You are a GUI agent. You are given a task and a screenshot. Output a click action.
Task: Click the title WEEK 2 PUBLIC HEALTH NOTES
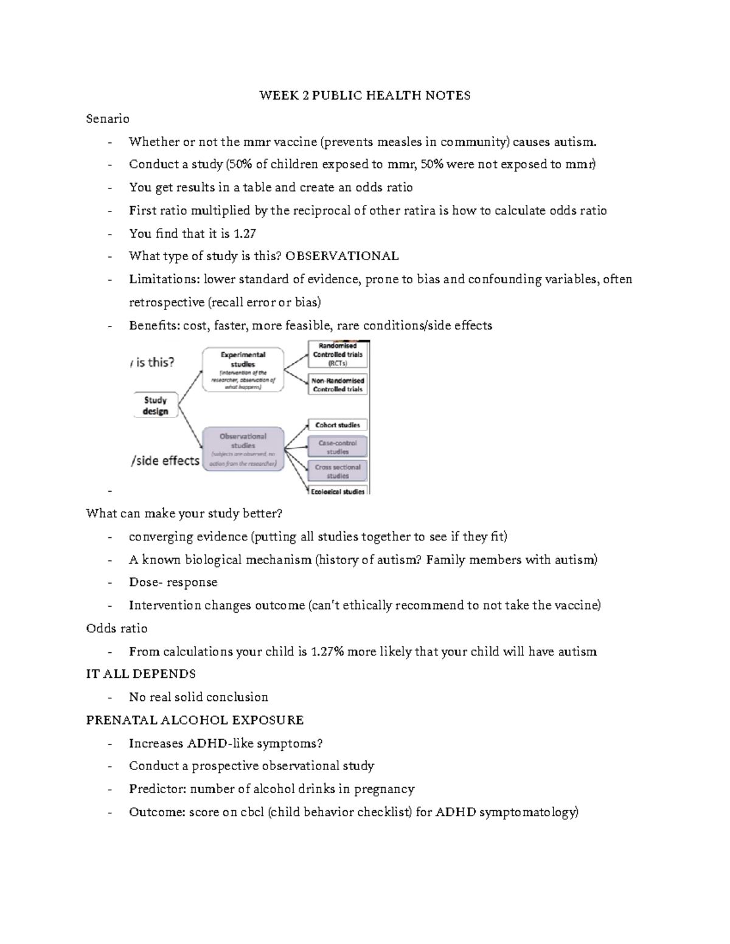pos(364,95)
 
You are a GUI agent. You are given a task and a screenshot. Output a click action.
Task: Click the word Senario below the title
pos(108,119)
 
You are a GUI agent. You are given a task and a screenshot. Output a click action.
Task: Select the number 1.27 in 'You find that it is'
pos(245,233)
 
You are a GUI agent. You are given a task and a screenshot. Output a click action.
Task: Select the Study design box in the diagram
pos(155,405)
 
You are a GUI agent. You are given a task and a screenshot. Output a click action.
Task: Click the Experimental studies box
pos(243,369)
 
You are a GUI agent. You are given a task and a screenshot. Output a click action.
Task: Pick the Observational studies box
pos(243,449)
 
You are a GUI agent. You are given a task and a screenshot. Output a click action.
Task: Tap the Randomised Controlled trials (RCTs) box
pos(338,354)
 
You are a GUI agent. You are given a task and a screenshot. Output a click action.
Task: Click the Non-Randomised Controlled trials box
pos(338,385)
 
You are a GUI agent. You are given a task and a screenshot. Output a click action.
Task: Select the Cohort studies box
pos(338,425)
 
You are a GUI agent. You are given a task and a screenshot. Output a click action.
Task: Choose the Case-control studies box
pos(338,447)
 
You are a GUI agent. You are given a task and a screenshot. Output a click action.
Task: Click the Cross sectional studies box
pos(338,471)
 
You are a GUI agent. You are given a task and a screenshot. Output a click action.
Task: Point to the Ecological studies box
pos(338,491)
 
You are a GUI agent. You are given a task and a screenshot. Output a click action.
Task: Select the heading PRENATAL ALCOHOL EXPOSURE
pos(195,720)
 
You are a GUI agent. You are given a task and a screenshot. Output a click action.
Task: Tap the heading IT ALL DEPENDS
pos(141,674)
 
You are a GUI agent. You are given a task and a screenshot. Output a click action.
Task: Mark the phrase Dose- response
pos(173,582)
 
